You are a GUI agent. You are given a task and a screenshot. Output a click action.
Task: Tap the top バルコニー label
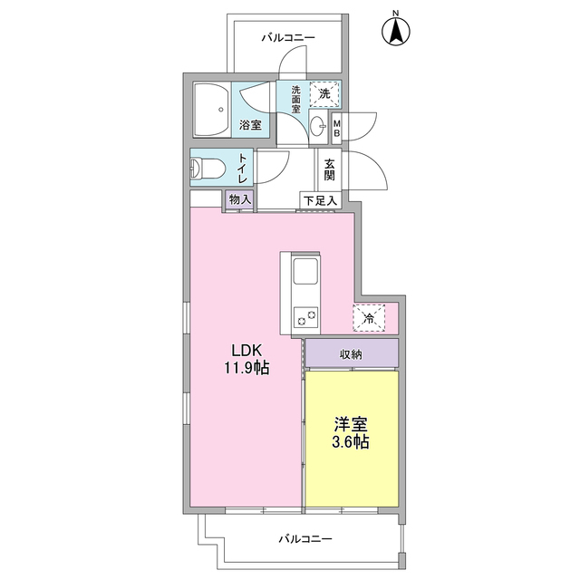tap(288, 38)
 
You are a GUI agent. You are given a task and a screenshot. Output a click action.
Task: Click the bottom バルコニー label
tap(305, 538)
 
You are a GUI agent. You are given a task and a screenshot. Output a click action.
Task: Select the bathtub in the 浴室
tap(211, 110)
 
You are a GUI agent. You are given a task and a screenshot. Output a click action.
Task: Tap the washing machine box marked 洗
tap(324, 93)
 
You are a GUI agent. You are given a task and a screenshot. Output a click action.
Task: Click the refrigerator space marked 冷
tap(369, 318)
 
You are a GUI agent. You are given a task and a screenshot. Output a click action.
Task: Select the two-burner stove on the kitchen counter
tap(306, 317)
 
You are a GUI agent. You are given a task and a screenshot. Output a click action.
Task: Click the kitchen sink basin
tap(305, 271)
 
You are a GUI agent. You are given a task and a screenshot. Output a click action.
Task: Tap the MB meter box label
tap(336, 128)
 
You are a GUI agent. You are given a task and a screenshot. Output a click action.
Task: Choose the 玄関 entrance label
tap(329, 169)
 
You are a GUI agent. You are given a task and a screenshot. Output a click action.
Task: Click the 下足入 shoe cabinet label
tap(320, 201)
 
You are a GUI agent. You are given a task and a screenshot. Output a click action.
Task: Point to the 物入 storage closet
tap(239, 200)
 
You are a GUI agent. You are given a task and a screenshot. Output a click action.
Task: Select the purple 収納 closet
tap(352, 353)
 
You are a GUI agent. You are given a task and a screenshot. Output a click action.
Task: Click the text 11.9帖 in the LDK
tap(246, 369)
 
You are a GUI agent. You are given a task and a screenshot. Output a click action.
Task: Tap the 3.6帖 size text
tap(351, 442)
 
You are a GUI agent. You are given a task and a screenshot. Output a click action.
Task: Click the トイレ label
tap(243, 169)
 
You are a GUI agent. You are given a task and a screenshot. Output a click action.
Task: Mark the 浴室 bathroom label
tap(250, 125)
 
